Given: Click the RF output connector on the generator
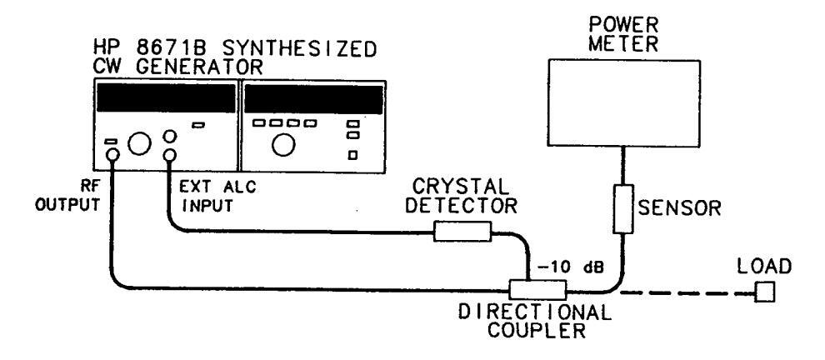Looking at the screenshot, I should (111, 154).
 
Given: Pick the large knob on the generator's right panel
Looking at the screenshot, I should (283, 145).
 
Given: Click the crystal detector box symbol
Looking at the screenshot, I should (462, 234).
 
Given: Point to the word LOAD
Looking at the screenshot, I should (764, 265).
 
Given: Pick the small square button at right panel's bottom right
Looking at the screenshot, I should (352, 155).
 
